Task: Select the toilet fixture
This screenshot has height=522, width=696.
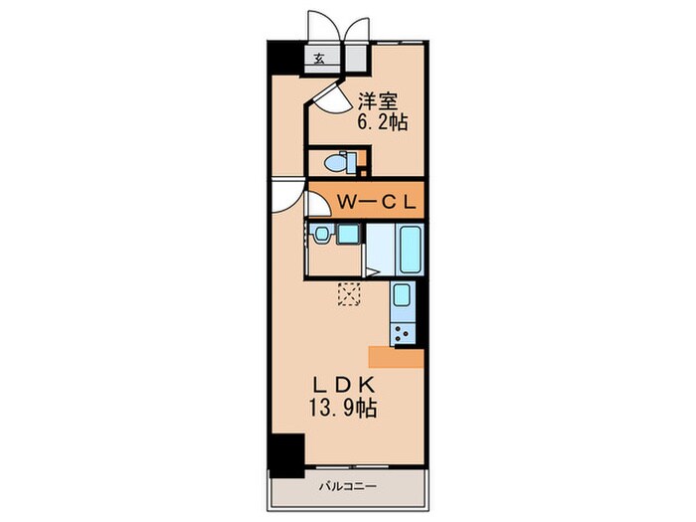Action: pos(338,161)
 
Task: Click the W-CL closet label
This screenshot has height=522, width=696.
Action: pos(378,200)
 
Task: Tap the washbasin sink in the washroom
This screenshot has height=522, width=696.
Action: pos(321,235)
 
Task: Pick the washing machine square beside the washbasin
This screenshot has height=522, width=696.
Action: pos(347,235)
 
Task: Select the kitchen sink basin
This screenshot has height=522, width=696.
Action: pos(403,296)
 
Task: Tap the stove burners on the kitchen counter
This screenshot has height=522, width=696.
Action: pos(403,330)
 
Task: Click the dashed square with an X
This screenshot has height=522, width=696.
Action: pos(349,295)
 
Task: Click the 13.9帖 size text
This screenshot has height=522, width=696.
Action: pos(341,407)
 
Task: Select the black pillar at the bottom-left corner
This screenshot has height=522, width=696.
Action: pos(288,455)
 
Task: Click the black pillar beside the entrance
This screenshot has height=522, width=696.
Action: pos(282,61)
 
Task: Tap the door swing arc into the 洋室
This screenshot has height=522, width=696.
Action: pos(329,96)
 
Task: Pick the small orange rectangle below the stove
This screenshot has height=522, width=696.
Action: pos(396,356)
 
